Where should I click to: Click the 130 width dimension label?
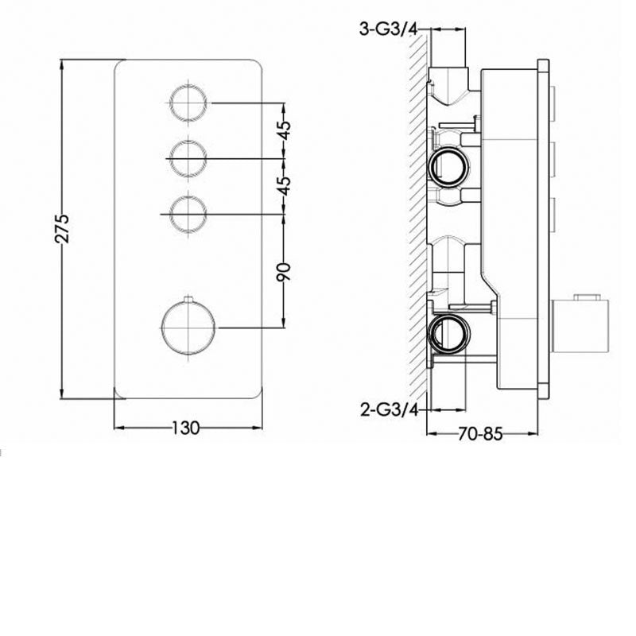click(184, 429)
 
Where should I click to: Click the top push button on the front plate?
click(189, 103)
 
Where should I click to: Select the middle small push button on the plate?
click(189, 158)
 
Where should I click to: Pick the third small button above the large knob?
click(189, 213)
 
